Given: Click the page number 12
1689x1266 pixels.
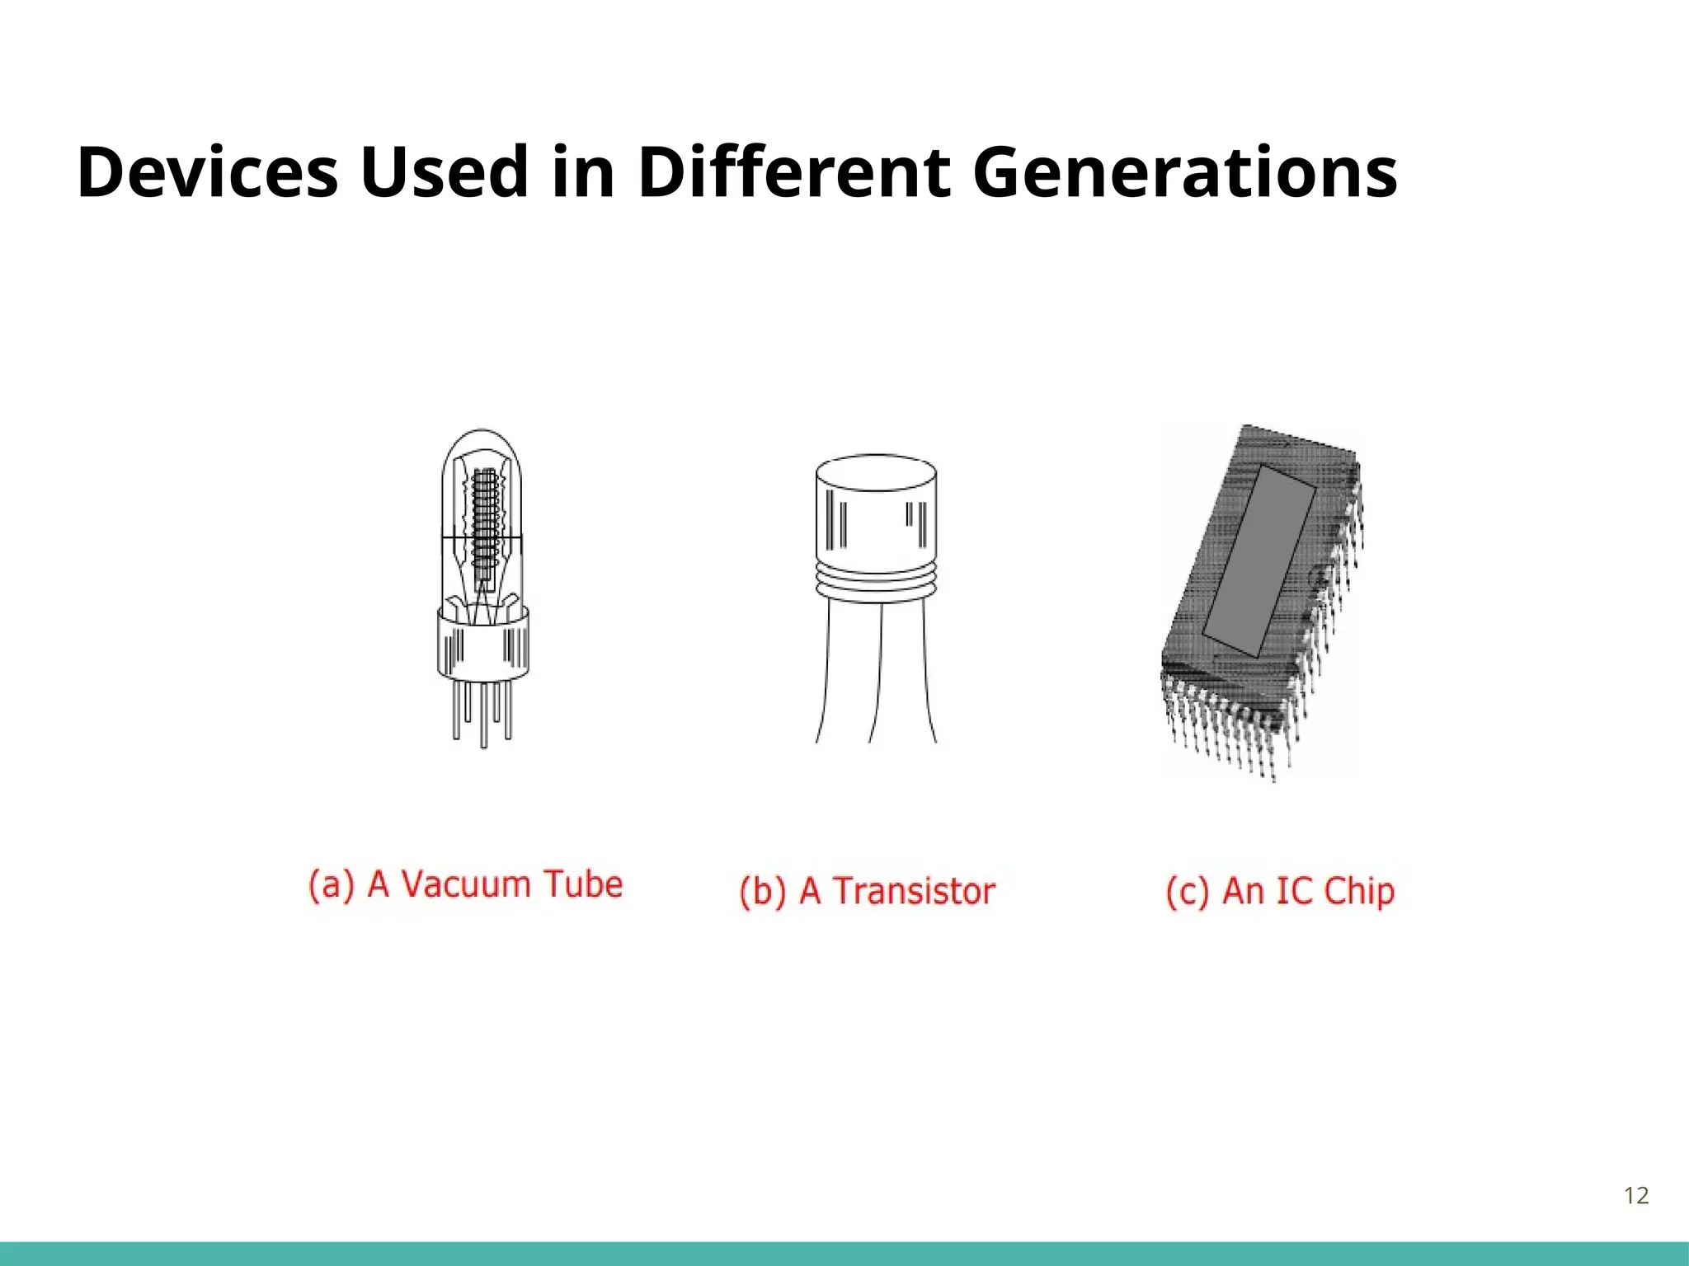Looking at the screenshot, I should pos(1636,1196).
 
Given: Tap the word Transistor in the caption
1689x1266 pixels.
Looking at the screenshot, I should pos(914,892).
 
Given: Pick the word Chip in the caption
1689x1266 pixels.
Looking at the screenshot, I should pos(1359,892).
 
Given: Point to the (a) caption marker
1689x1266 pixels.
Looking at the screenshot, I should pos(332,884).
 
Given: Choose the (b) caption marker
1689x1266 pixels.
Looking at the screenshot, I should pos(763,892).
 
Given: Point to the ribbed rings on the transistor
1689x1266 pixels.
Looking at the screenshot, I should pos(876,582).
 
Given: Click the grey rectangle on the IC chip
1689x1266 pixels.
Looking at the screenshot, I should pos(1259,560).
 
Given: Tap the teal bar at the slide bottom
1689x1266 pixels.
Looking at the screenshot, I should pos(844,1254).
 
